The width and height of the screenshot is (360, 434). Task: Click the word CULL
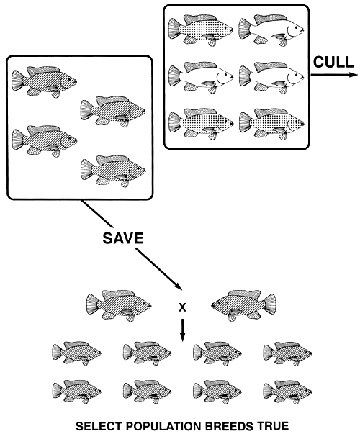332,62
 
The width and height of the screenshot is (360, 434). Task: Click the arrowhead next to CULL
353,75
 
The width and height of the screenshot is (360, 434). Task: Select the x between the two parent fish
182,308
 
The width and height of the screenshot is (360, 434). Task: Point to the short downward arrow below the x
182,329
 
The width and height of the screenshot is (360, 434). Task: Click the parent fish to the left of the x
117,304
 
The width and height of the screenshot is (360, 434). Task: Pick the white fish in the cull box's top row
269,30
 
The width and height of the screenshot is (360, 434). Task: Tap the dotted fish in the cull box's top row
200,30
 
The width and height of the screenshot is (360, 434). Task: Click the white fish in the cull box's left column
200,75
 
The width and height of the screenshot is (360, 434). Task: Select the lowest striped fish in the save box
113,171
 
